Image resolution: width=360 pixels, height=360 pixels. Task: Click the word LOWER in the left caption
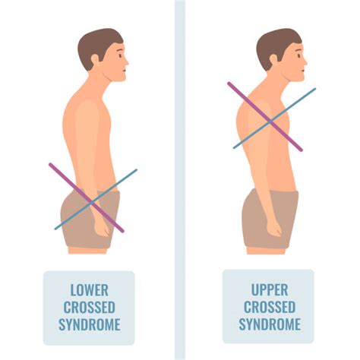90,290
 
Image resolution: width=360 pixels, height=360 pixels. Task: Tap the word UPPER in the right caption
270,290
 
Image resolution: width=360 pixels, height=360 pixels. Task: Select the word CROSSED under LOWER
90,308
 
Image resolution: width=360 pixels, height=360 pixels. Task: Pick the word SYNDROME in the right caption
270,324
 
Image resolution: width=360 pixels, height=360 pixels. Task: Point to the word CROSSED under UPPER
270,307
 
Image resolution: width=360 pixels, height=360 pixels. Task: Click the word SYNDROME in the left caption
90,324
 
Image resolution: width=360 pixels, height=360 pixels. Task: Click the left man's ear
95,60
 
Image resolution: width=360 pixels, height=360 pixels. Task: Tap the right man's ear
274,60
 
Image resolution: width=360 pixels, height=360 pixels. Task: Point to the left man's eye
120,55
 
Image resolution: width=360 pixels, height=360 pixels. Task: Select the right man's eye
299,55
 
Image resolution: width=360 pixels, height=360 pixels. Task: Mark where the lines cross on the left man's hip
92,202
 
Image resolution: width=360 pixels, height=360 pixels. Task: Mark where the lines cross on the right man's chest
270,122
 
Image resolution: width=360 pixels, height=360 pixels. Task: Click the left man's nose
126,62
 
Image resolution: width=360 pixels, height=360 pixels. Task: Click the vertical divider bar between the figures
180,180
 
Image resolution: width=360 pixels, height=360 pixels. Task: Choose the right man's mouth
302,71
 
